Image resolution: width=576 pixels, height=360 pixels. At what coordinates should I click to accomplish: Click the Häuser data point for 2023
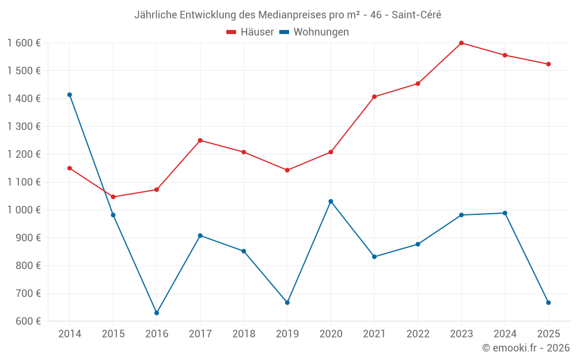point(461,43)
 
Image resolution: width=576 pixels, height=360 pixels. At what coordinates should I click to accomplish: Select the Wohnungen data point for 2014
point(70,94)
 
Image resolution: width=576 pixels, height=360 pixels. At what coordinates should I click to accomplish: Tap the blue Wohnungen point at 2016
point(157,313)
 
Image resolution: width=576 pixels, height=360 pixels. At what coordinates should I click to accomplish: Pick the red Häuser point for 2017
point(200,141)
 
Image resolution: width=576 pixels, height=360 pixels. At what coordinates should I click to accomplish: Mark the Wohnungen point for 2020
point(331,201)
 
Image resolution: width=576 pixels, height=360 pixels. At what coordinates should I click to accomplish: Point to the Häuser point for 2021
point(374,97)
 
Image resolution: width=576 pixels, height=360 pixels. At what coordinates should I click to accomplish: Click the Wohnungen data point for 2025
point(548,302)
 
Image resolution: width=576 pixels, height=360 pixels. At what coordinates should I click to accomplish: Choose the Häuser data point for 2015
point(113,197)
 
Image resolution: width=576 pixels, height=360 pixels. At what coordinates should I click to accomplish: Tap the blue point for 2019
point(287,302)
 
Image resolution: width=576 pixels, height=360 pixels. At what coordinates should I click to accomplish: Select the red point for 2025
point(548,64)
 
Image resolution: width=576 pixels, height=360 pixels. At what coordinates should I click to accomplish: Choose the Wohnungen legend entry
point(314,32)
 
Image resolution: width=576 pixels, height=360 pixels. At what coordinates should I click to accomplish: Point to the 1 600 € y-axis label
point(24,43)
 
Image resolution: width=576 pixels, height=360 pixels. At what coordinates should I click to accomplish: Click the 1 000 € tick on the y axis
point(24,210)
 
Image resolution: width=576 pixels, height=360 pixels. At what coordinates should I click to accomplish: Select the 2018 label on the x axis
point(244,334)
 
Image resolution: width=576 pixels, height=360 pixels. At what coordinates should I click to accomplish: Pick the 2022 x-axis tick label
point(418,334)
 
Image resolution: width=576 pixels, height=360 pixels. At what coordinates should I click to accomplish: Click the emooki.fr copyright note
point(525,348)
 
